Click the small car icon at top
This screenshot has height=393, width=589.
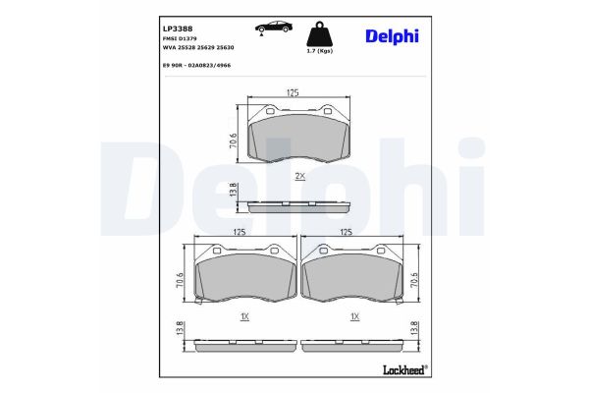pyautogui.click(x=269, y=28)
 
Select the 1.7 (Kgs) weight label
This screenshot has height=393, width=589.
pyautogui.click(x=319, y=49)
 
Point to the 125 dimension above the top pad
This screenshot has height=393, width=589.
pyautogui.click(x=292, y=92)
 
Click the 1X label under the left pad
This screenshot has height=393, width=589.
pyautogui.click(x=244, y=317)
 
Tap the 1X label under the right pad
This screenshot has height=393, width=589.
pyautogui.click(x=355, y=317)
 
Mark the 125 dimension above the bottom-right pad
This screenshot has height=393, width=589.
pyautogui.click(x=346, y=232)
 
